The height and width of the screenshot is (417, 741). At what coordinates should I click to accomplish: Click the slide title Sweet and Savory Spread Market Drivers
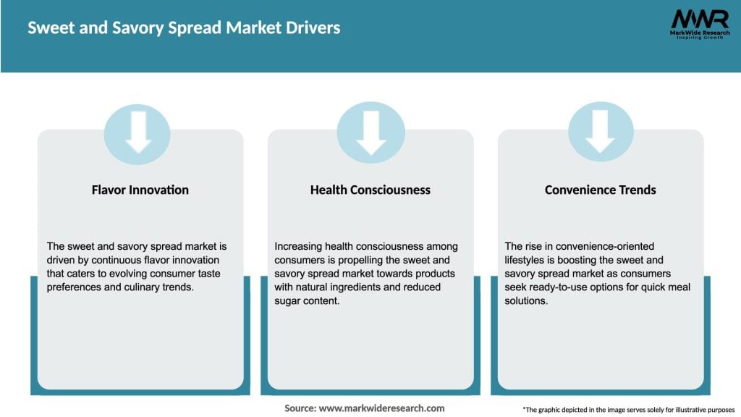(184, 28)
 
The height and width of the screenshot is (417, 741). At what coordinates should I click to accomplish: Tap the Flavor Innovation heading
(140, 190)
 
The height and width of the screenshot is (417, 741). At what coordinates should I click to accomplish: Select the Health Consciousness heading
(370, 190)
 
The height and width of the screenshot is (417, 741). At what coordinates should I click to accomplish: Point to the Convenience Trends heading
(600, 190)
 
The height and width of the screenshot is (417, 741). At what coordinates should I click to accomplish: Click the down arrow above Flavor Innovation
(137, 133)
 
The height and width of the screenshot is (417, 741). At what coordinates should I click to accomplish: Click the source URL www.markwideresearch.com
(381, 408)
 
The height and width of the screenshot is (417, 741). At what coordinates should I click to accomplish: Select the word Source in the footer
(299, 408)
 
